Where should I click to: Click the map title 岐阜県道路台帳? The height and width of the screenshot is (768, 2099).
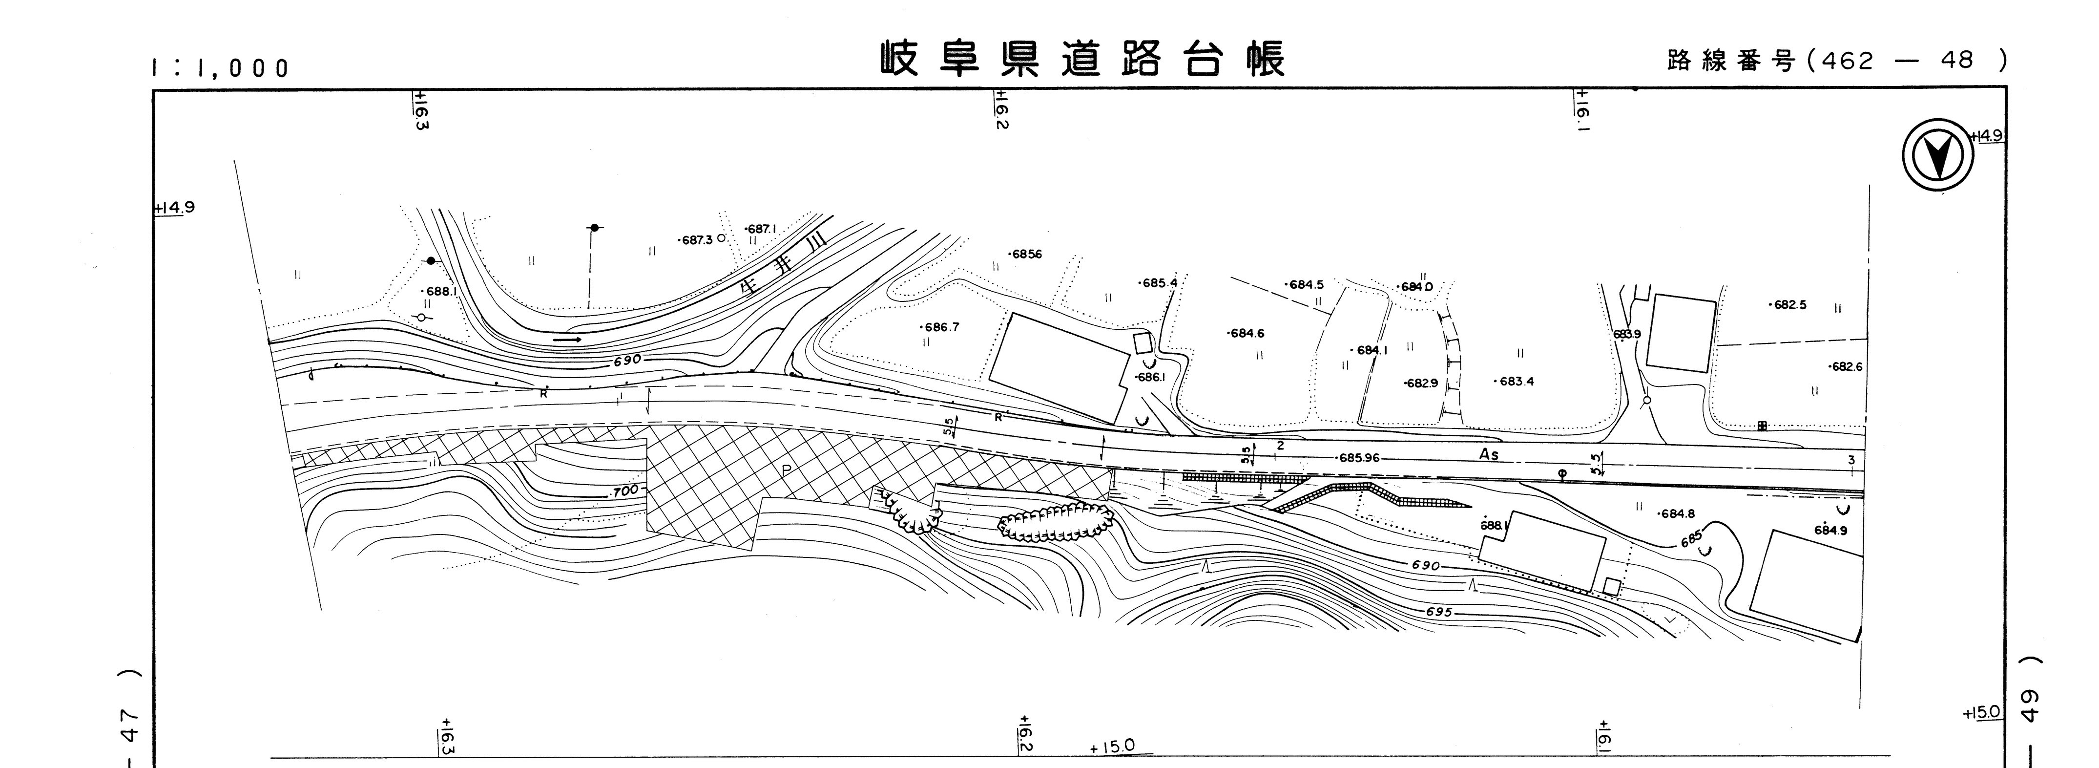pyautogui.click(x=1082, y=59)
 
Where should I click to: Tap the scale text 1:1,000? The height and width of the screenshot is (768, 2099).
pyautogui.click(x=220, y=68)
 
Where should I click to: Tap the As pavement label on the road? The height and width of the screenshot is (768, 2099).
pyautogui.click(x=1489, y=454)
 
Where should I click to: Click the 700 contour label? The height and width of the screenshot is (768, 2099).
pyautogui.click(x=625, y=491)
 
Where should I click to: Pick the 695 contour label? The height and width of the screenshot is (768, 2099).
pyautogui.click(x=1439, y=612)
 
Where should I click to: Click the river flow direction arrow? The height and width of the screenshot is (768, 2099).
pyautogui.click(x=567, y=339)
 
